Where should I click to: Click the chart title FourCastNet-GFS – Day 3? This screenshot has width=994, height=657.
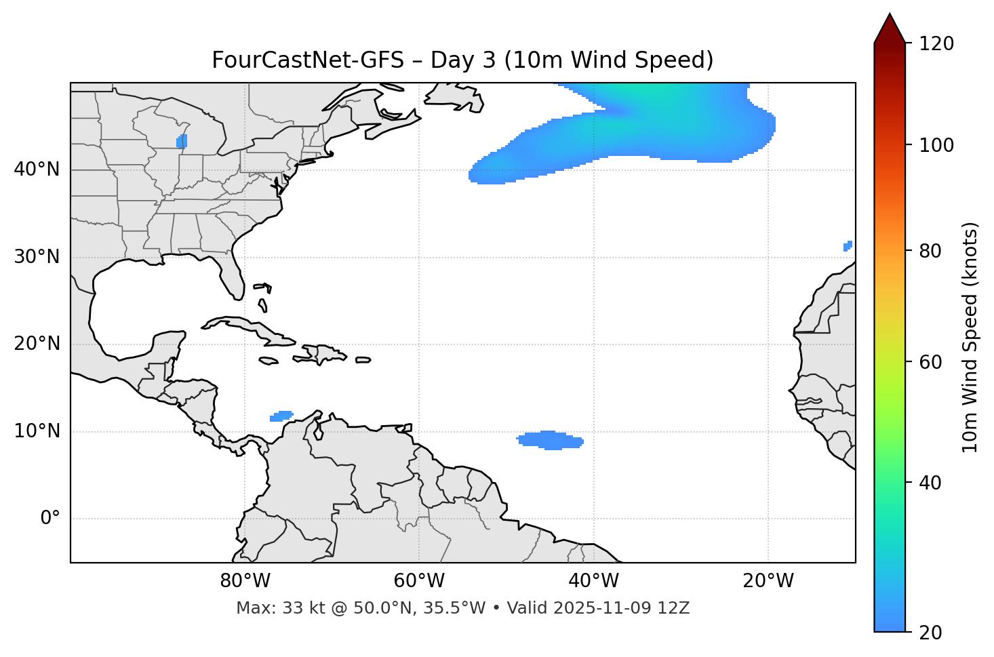click(x=462, y=60)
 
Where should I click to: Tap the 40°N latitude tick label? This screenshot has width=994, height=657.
click(x=37, y=170)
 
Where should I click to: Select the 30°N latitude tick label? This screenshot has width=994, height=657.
click(x=37, y=257)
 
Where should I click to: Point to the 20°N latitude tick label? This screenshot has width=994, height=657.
click(x=37, y=344)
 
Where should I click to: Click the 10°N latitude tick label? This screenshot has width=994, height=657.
click(x=37, y=431)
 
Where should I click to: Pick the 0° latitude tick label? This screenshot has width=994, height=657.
click(x=50, y=519)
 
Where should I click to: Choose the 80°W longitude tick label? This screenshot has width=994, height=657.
click(x=245, y=581)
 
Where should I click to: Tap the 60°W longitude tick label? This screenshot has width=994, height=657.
click(x=419, y=581)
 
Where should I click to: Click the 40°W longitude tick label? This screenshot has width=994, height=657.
click(x=593, y=581)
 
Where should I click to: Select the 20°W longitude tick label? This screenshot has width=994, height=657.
click(x=768, y=581)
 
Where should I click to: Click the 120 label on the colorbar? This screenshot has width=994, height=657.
click(x=936, y=44)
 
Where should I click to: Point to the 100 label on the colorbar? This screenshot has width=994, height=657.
click(x=936, y=145)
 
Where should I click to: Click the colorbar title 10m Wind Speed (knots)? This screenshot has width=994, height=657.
click(x=970, y=337)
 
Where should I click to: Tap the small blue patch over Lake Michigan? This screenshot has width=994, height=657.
click(x=182, y=141)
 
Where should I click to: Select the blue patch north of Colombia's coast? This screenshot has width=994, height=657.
click(x=281, y=416)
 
